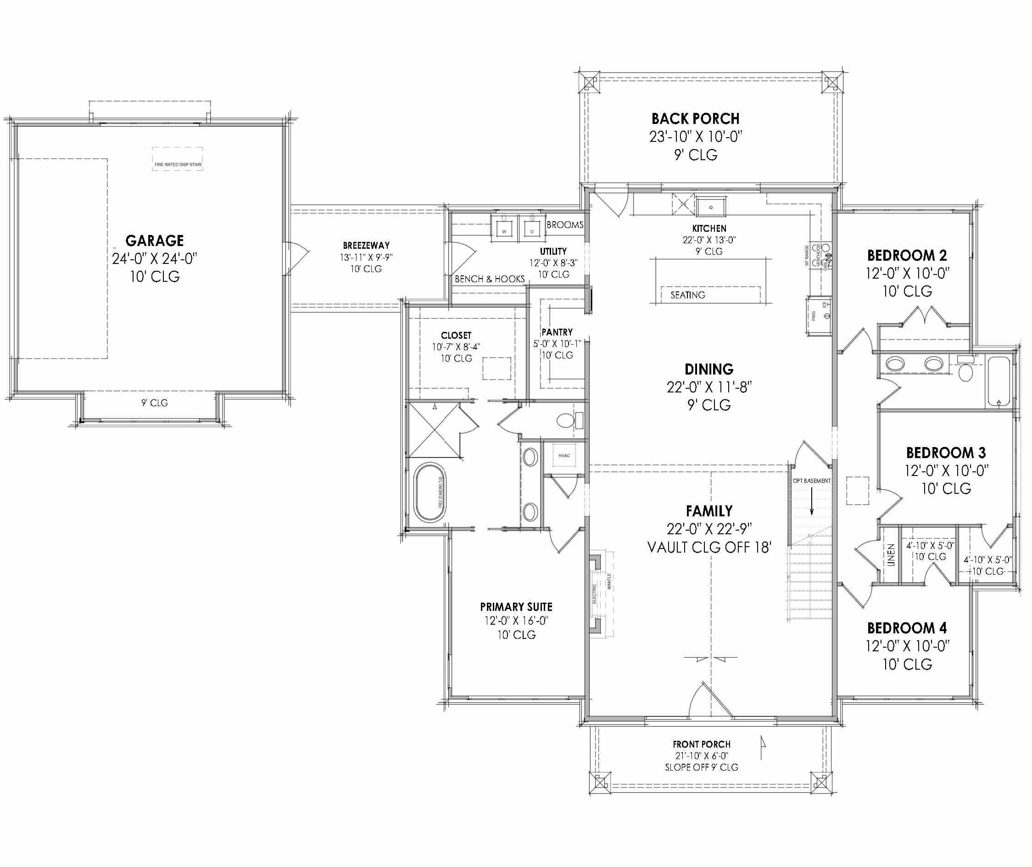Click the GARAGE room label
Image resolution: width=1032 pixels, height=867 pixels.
point(154,241)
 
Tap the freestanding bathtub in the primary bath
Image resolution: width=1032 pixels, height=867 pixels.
point(430,492)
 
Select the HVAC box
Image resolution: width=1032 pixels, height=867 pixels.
point(563,456)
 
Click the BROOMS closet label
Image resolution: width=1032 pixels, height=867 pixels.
point(565,225)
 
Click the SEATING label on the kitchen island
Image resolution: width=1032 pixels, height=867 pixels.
point(687,296)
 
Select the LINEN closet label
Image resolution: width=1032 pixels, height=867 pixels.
point(891,555)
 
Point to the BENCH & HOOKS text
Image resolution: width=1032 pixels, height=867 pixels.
point(490,279)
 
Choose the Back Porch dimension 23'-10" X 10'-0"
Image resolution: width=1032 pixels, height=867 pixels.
point(695,137)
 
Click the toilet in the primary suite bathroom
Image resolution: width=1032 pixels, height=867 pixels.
point(567,421)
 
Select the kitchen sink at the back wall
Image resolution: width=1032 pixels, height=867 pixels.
point(711,207)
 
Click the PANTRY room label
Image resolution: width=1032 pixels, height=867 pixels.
point(557,332)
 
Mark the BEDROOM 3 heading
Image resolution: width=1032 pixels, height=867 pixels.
point(946,453)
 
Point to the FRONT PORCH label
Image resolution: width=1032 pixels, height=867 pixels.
point(701,744)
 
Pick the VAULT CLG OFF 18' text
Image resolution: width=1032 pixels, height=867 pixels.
point(708,548)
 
